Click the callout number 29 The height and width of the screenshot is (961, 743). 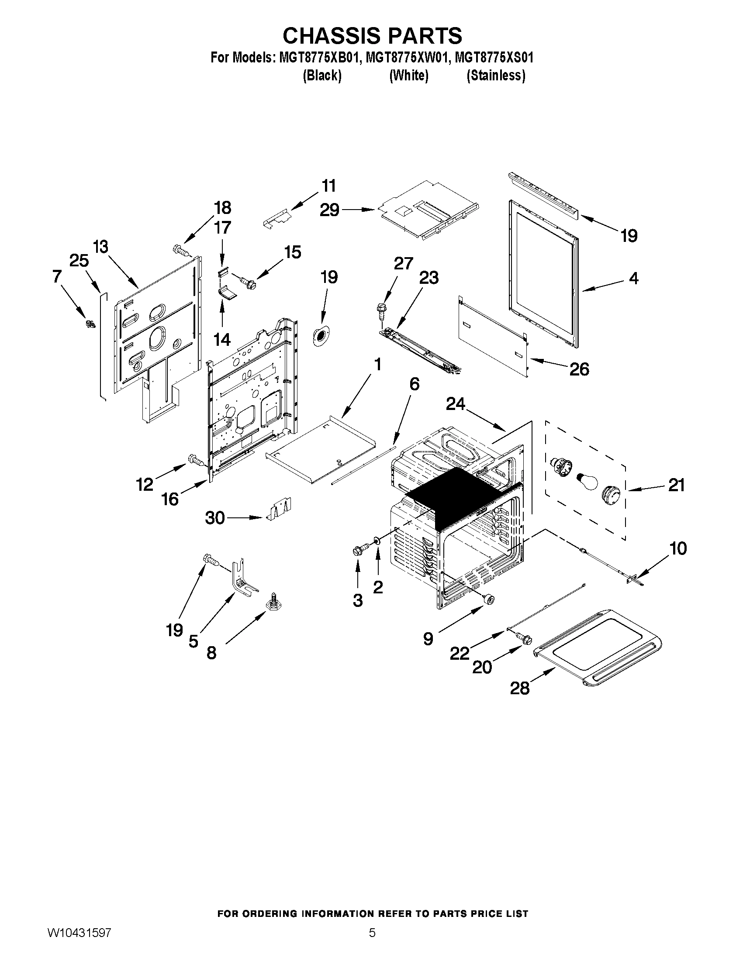click(x=329, y=210)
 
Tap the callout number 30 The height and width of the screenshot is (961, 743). click(x=215, y=518)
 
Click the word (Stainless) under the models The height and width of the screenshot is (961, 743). click(x=496, y=76)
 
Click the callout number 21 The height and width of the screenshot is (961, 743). click(x=676, y=485)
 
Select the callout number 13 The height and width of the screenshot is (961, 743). click(x=101, y=247)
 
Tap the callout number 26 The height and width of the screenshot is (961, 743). click(x=579, y=369)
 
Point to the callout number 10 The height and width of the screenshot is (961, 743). click(x=678, y=548)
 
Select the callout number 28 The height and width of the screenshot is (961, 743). click(x=519, y=688)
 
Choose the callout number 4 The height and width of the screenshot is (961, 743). click(x=633, y=278)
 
